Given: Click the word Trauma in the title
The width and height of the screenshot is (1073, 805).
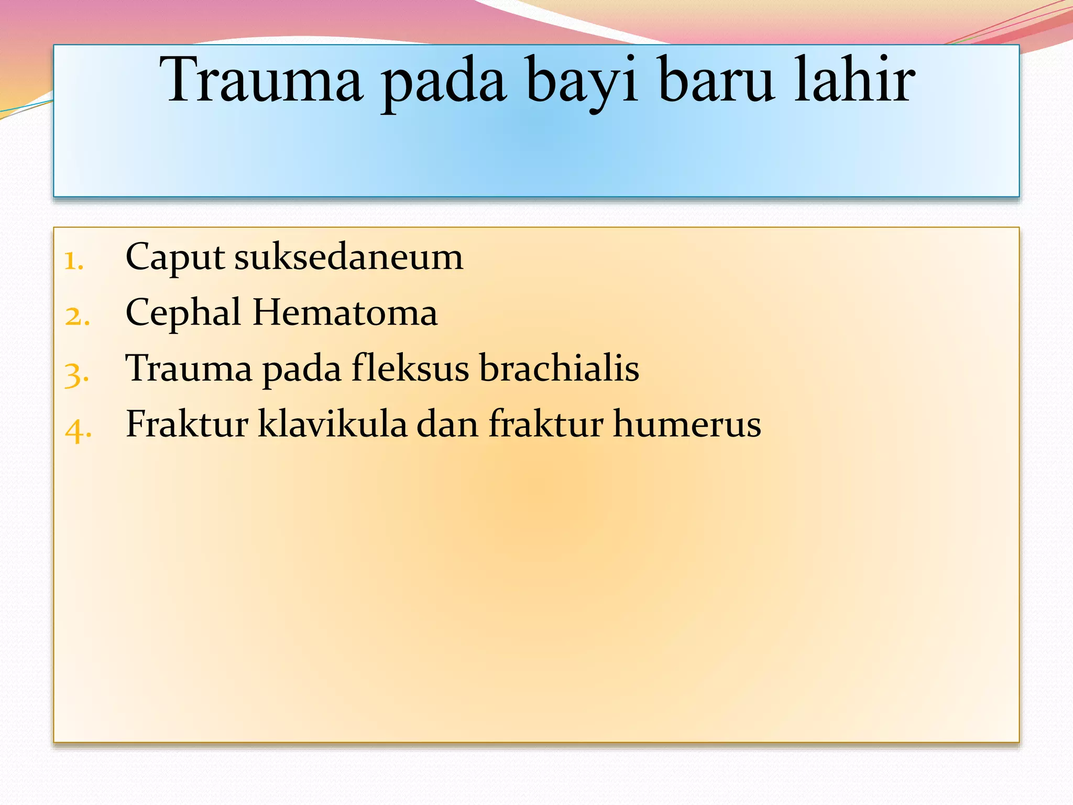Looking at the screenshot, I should pyautogui.click(x=261, y=80).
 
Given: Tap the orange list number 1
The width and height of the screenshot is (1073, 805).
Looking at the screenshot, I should pyautogui.click(x=73, y=260).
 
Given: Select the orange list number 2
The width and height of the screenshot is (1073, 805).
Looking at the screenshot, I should pyautogui.click(x=77, y=317).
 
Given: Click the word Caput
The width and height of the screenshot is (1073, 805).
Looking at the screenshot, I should pyautogui.click(x=176, y=258).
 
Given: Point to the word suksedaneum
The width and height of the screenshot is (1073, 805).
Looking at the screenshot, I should pyautogui.click(x=348, y=257).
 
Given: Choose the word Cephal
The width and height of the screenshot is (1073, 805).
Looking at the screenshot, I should pyautogui.click(x=183, y=313).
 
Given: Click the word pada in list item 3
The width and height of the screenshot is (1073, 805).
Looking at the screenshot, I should pyautogui.click(x=302, y=370).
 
